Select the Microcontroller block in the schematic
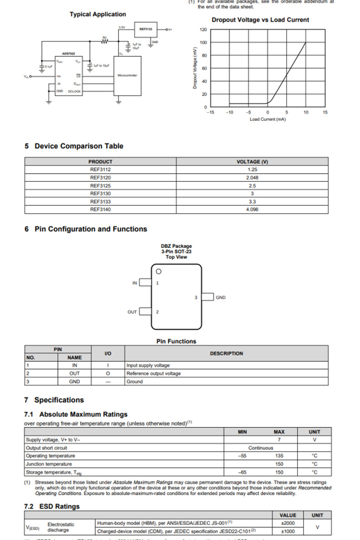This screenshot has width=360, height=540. coord(127,75)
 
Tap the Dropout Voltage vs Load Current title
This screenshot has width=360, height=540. coord(260,20)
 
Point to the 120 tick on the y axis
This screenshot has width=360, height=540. coord(203,30)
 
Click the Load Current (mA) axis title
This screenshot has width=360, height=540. coord(268,119)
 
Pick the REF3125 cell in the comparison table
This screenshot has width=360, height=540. coord(100,186)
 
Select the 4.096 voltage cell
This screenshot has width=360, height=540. coord(252,209)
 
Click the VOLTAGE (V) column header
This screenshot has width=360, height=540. coord(252,162)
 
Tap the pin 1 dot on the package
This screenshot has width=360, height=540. coord(159,272)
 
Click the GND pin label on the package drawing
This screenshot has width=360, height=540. coord(221,298)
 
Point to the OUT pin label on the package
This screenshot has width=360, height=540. coord(132,312)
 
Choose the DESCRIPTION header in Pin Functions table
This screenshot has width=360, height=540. coord(226,353)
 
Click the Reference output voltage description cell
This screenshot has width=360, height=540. coord(154,373)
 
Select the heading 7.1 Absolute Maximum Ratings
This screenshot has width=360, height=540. coord(76,414)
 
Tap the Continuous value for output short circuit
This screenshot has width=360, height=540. coord(261,448)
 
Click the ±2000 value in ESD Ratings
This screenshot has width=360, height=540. coord(288,523)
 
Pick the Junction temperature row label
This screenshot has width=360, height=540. coord(49,464)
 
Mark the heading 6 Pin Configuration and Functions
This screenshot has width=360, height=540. coord(86,229)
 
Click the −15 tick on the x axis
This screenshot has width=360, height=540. coord(210,112)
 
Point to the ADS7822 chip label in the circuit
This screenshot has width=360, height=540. coord(68,54)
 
